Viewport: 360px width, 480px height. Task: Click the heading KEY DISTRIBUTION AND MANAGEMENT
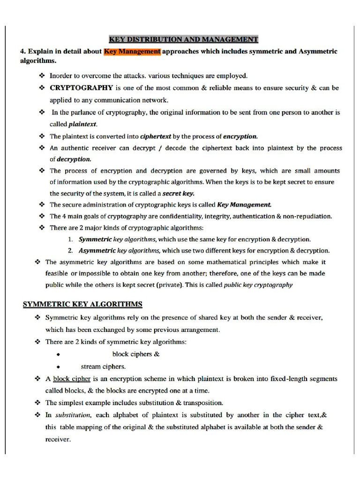point(183,39)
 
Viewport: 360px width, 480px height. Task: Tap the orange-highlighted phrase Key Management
point(132,51)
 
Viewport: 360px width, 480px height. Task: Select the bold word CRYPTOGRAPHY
point(81,88)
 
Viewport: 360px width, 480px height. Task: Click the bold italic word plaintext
point(82,124)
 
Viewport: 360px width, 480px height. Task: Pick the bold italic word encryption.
point(240,136)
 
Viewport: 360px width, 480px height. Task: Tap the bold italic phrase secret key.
point(178,194)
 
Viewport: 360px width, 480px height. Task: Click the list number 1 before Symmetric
point(70,239)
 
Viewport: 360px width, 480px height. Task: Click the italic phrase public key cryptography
point(258,285)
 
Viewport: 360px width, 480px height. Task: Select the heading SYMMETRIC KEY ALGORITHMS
point(82,305)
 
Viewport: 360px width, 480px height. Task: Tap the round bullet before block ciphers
point(58,355)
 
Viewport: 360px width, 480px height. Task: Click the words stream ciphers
point(103,367)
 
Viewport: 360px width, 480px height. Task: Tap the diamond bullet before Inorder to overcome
point(42,75)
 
